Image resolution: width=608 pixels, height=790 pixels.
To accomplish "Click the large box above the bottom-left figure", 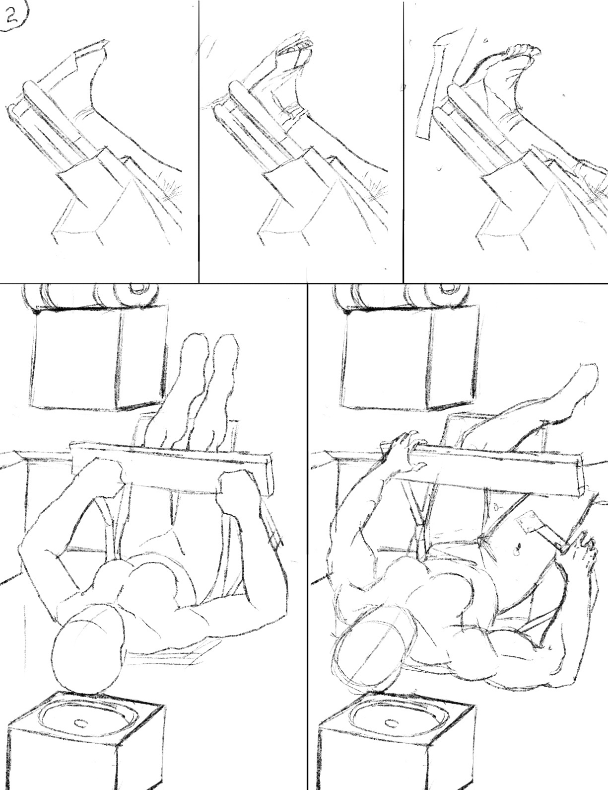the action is tap(98, 360).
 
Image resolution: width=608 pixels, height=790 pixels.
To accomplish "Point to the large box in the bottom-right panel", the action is tap(410, 360).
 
